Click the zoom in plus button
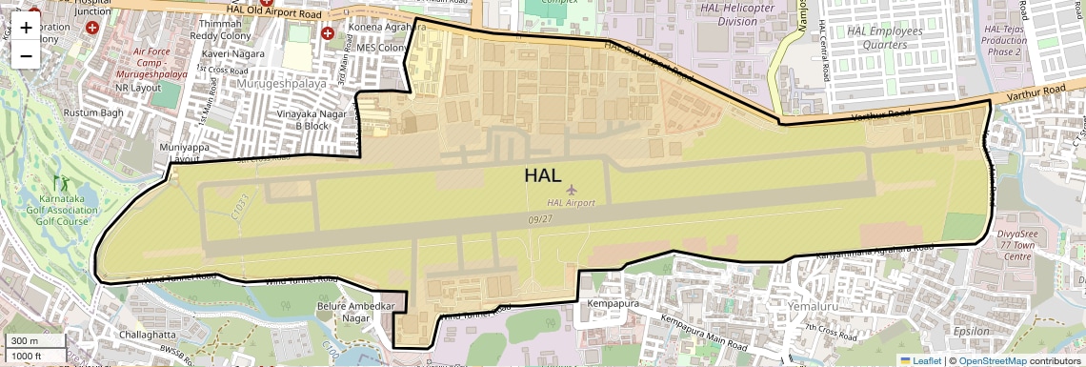(x=26, y=28)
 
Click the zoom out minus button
(x=26, y=54)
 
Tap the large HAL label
(x=542, y=174)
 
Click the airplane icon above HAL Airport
(x=572, y=191)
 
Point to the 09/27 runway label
(x=539, y=219)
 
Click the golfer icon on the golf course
(x=67, y=183)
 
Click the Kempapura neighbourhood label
(x=612, y=303)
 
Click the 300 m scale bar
(x=34, y=341)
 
